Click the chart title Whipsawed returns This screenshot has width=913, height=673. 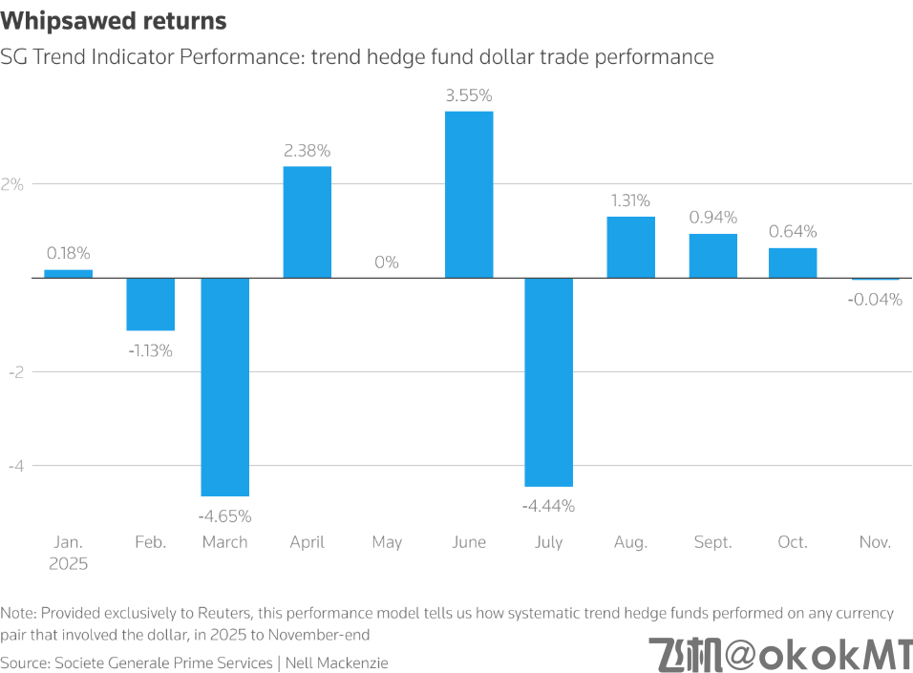(x=115, y=20)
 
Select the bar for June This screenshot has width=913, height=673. (x=469, y=194)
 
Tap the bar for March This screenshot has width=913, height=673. (x=225, y=387)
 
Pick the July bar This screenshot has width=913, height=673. (x=549, y=382)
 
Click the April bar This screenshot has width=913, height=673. (x=307, y=221)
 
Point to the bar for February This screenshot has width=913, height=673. (x=151, y=304)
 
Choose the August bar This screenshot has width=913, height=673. (x=630, y=247)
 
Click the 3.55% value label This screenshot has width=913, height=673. (x=469, y=95)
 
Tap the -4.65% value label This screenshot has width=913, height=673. (x=225, y=516)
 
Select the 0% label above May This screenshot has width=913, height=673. (x=387, y=262)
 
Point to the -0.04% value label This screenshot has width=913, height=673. (x=875, y=299)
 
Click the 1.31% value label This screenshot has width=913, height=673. (x=630, y=200)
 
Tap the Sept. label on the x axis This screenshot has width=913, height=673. (x=711, y=542)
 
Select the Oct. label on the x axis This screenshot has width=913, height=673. (x=793, y=542)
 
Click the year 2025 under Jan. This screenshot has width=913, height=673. (x=69, y=563)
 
